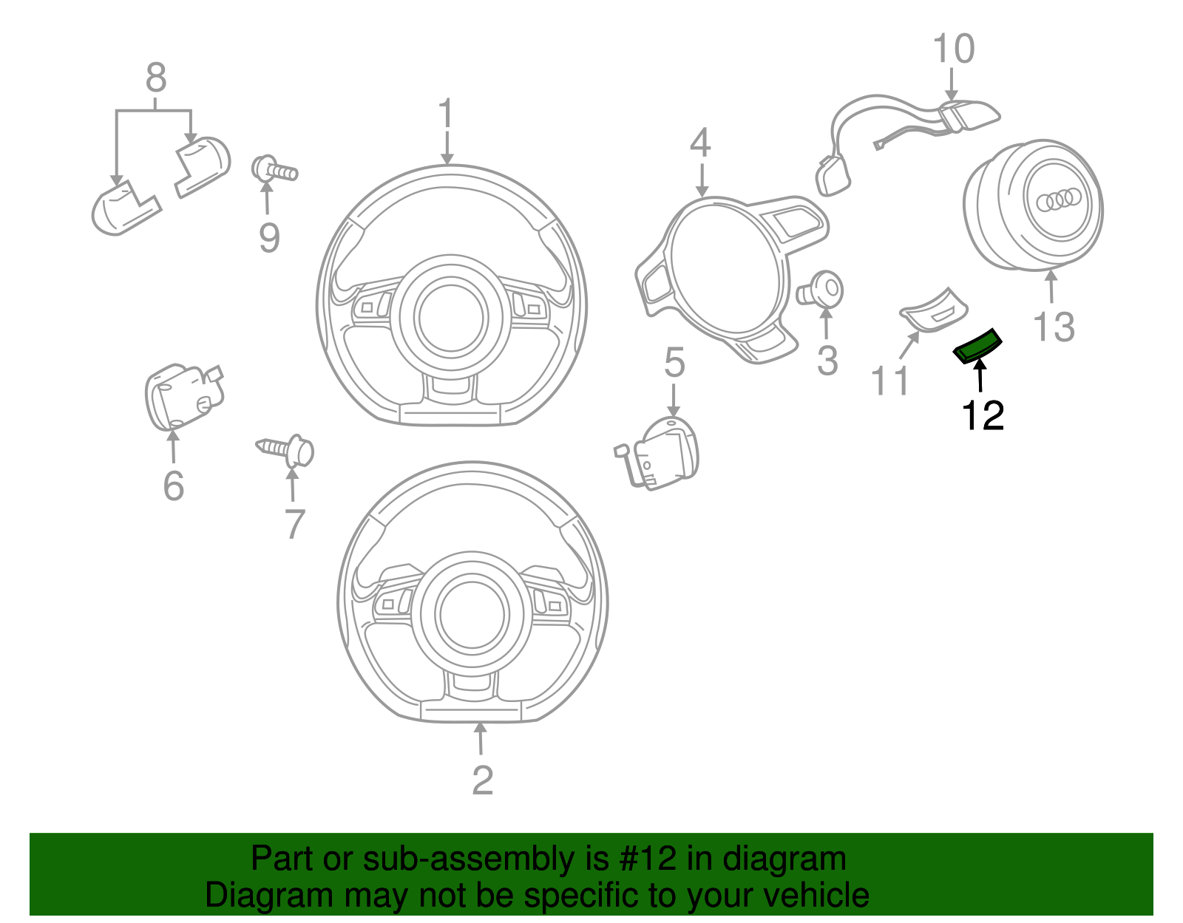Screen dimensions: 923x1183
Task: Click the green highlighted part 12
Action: point(977,347)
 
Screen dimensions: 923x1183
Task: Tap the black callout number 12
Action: point(982,416)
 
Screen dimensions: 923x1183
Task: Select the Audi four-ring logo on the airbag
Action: point(1059,199)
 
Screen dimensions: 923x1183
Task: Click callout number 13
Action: point(1053,327)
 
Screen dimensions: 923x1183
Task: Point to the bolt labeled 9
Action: point(275,170)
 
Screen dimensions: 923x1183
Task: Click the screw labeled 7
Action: point(287,449)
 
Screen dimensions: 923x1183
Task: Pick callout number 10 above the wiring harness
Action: point(953,50)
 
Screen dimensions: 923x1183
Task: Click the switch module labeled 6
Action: point(182,396)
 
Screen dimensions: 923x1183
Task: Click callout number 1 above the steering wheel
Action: point(445,115)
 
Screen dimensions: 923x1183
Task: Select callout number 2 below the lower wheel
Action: point(482,781)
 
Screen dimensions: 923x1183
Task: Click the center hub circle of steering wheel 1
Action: point(451,317)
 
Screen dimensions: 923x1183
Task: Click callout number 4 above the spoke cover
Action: point(699,143)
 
